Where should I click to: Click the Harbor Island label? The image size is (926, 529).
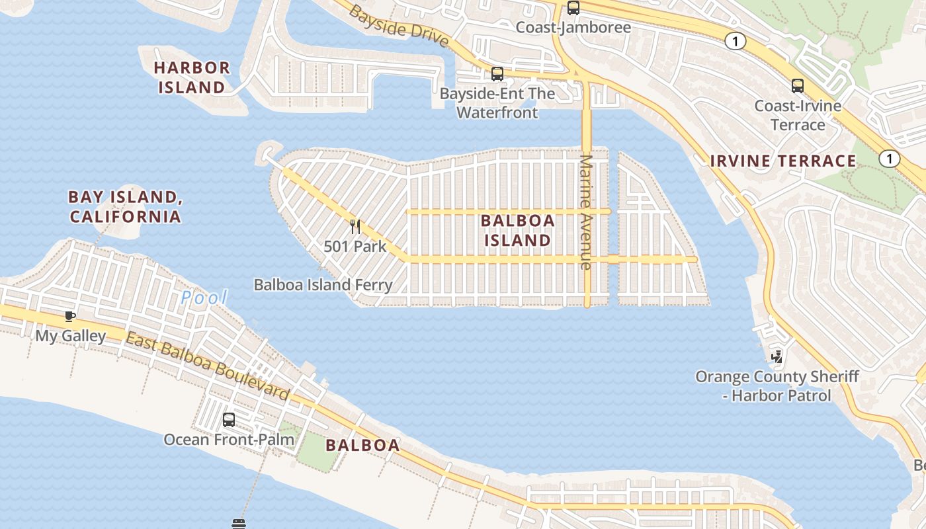192,77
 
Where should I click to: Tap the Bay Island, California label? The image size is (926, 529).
125,206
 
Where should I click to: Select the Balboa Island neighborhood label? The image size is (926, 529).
517,230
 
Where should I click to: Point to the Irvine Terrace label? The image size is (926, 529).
783,161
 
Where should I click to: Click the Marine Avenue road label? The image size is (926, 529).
585,212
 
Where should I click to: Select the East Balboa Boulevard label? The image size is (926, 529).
208,368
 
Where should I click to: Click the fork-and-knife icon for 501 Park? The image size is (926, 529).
355,227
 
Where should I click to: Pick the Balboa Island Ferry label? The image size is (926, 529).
323,285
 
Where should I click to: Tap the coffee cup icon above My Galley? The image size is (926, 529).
70,316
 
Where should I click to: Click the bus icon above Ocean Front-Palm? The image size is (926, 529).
229,419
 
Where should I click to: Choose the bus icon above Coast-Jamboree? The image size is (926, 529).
573,8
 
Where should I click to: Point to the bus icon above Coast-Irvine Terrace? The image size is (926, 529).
798,85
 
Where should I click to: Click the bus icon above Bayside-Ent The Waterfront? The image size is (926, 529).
497,74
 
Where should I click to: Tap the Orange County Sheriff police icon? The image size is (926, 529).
777,356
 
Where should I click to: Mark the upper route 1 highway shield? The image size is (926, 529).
735,41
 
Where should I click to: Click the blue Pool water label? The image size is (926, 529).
204,298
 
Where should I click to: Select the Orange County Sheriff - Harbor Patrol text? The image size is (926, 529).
777,386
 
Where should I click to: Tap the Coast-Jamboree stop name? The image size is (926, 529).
573,27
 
